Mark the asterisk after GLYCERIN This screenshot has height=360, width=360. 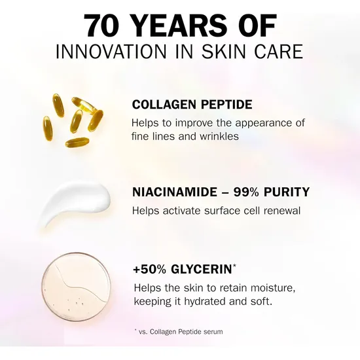coord(236,266)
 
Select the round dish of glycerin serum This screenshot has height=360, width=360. coord(75,288)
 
